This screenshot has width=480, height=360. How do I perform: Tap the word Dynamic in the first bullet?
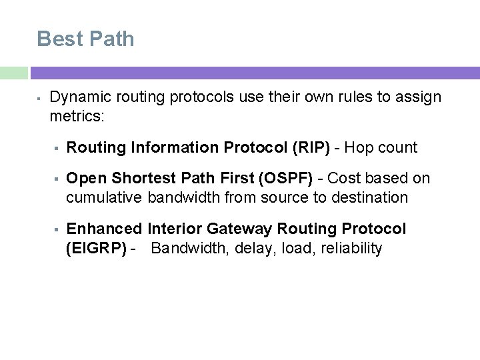[79, 97]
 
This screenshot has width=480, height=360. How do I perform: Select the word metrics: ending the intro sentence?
[77, 117]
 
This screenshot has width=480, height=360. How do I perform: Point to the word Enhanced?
[105, 229]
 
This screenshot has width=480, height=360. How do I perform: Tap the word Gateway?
[240, 229]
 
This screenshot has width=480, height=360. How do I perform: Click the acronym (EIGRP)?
[97, 249]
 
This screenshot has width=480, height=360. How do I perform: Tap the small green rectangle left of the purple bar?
[13, 73]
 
